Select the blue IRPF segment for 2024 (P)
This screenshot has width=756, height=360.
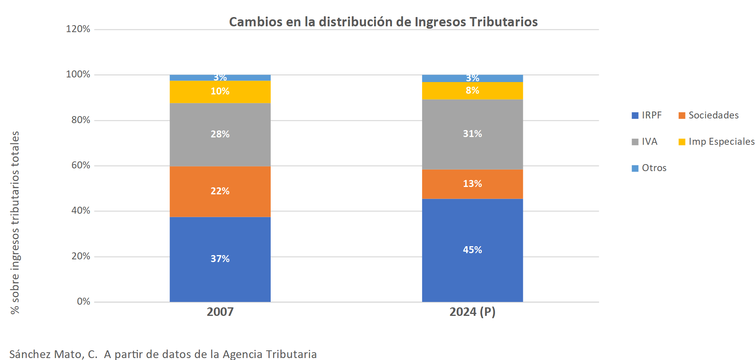point(472,271)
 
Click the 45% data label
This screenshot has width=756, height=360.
point(472,250)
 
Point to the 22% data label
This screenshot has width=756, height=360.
point(220,191)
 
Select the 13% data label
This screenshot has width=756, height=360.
point(472,183)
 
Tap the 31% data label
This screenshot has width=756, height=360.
point(472,134)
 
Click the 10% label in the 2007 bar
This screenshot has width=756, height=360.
point(220,91)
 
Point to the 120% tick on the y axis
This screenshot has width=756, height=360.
point(78,29)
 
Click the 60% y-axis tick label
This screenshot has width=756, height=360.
point(81,165)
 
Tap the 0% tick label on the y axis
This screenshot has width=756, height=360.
point(83,302)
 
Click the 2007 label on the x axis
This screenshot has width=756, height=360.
point(220,312)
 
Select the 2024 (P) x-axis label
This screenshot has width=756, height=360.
point(472,312)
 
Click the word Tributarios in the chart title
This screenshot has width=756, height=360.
point(503,22)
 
